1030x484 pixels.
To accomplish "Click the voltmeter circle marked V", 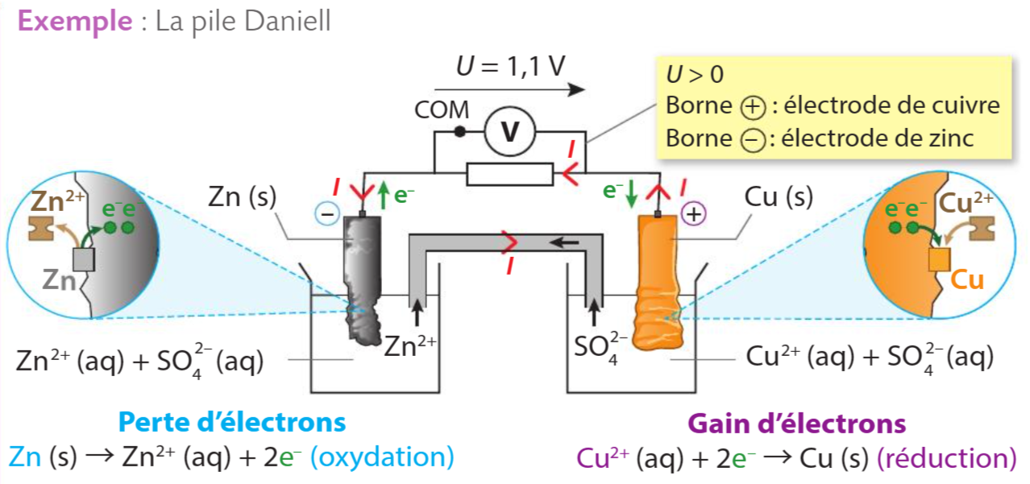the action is [510, 132].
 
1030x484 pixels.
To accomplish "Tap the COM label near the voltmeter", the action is [442, 110].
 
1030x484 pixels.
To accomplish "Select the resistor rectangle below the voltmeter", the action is [510, 174].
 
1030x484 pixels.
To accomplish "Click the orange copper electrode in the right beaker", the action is [658, 281].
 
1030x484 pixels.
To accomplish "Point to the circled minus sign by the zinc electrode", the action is [327, 213].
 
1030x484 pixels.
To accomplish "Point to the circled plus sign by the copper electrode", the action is [694, 214].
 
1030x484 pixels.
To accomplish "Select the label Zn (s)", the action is [243, 196].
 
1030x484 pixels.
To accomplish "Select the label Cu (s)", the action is [779, 196].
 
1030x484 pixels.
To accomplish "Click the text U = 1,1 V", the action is [510, 66].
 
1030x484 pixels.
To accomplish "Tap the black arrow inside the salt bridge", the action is [564, 242].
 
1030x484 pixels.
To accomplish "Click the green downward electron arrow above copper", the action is [632, 193].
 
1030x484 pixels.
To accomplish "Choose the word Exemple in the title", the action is [75, 21].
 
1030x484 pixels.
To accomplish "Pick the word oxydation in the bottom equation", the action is [383, 457].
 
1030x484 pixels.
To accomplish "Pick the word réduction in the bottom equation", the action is [947, 458].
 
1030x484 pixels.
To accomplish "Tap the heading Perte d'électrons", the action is [232, 422].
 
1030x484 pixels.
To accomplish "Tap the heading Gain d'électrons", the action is [797, 424].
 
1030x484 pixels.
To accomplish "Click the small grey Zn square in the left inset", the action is [84, 259].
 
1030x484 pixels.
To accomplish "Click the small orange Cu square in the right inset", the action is [940, 259].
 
